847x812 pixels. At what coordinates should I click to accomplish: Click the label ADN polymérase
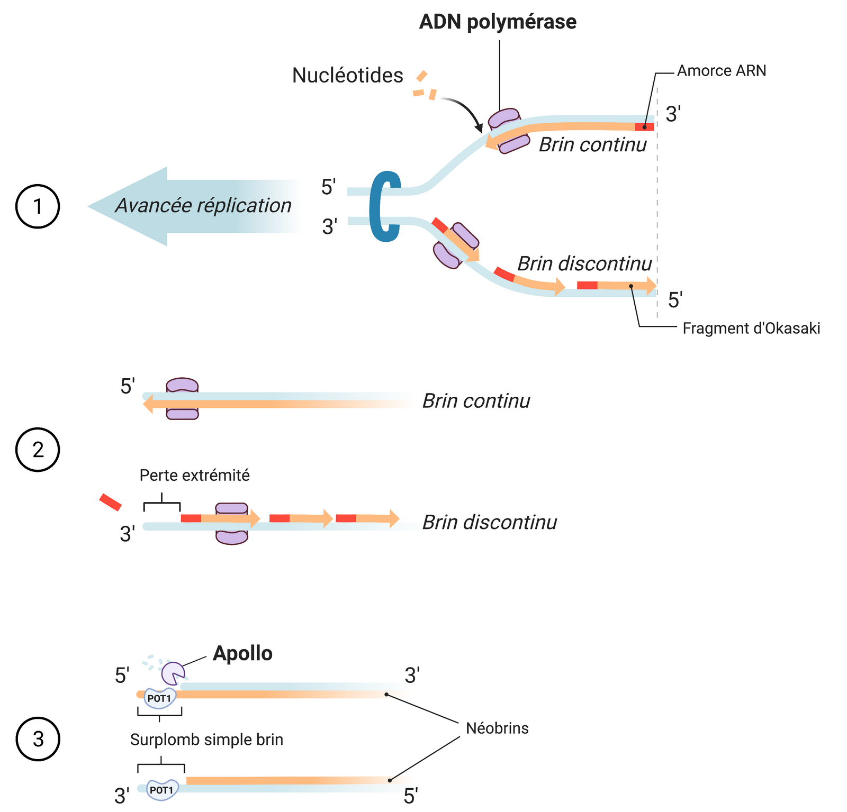click(498, 22)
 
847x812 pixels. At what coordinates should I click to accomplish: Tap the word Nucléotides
click(347, 76)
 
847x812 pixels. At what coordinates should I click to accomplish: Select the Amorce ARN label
click(722, 71)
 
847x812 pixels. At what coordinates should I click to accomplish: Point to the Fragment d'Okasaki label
click(751, 329)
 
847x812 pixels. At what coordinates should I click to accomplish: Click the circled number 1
click(38, 206)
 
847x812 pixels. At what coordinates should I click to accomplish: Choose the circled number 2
click(38, 450)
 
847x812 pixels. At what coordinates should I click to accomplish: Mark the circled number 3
click(38, 739)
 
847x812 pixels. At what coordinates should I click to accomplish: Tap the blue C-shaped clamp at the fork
click(384, 206)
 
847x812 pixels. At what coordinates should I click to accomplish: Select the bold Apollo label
click(242, 654)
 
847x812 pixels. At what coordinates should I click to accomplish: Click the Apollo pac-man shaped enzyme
click(173, 673)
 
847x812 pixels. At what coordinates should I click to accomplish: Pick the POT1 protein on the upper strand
click(159, 699)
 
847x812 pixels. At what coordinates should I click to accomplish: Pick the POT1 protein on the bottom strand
click(162, 790)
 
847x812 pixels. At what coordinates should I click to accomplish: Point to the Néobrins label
click(497, 728)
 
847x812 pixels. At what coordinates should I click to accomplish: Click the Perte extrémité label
click(194, 476)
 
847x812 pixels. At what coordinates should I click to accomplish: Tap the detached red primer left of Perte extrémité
click(110, 502)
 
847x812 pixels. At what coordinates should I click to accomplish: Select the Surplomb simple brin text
click(206, 740)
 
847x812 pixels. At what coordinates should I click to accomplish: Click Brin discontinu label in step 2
click(490, 523)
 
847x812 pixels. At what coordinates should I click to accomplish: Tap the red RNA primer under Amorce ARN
click(644, 127)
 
